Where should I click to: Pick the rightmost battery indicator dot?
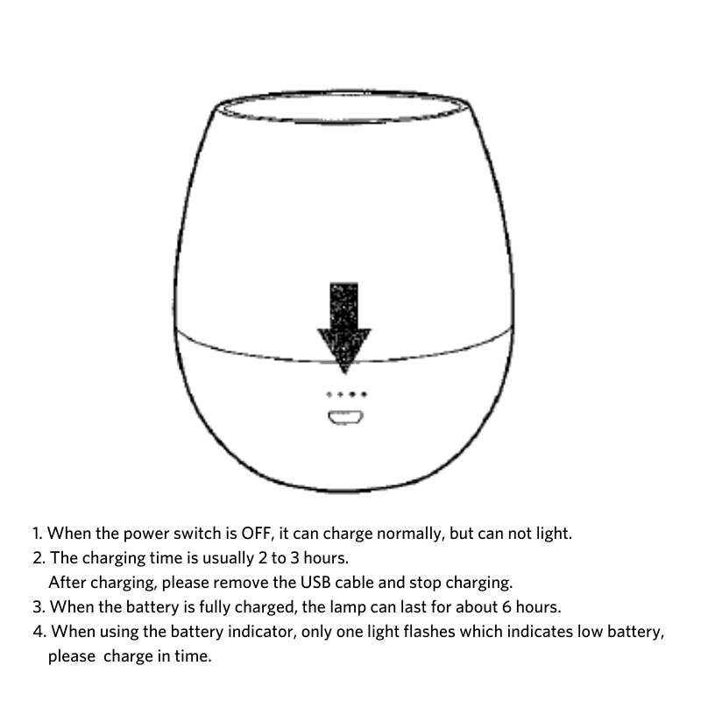pos(362,395)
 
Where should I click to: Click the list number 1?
pos(36,533)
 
